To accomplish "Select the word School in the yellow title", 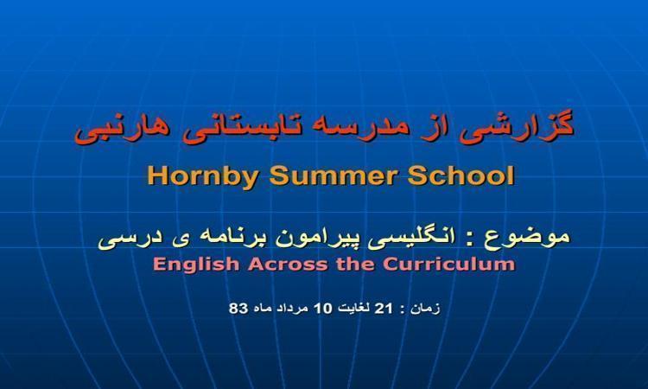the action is pyautogui.click(x=461, y=175).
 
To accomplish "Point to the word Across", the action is pyautogui.click(x=289, y=265).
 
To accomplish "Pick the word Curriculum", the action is pyautogui.click(x=449, y=265).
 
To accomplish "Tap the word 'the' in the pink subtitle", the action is pyautogui.click(x=356, y=265).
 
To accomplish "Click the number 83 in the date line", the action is pyautogui.click(x=238, y=309).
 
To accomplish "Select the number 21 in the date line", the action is pyautogui.click(x=383, y=309).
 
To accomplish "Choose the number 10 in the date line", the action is pyautogui.click(x=323, y=309).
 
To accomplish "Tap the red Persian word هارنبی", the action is pyautogui.click(x=122, y=128).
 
